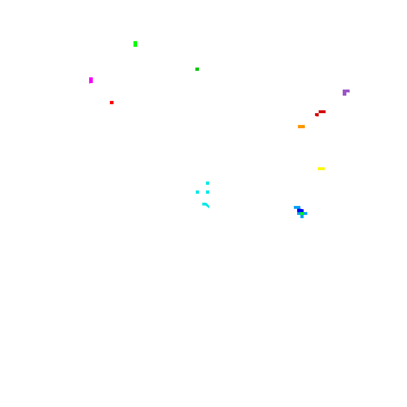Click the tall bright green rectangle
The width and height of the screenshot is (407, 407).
(x=135, y=44)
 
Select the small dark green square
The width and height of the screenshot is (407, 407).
(x=197, y=69)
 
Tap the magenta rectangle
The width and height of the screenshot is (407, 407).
(x=91, y=80)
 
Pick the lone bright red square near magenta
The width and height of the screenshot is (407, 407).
(x=112, y=103)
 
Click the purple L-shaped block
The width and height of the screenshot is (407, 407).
(x=345, y=92)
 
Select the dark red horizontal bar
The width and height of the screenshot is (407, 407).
(x=322, y=112)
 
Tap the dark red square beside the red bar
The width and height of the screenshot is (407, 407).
(x=317, y=115)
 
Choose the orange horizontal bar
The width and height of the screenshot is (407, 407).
(x=301, y=127)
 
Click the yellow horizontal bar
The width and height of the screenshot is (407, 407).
(x=321, y=168)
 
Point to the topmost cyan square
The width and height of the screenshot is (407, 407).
(x=208, y=183)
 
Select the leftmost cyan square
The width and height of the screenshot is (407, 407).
(x=197, y=192)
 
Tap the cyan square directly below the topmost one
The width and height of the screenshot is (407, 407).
(x=208, y=192)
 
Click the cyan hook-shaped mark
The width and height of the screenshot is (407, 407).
(x=205, y=204)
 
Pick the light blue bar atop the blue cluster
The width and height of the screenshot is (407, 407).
(x=297, y=207)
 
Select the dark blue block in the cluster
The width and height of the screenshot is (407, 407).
(x=300, y=210)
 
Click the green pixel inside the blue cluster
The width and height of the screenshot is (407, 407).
(x=302, y=213)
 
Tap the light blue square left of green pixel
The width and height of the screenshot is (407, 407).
(x=299, y=213)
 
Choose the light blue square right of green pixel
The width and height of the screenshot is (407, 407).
(x=305, y=213)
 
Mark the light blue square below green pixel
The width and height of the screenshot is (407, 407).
(x=302, y=217)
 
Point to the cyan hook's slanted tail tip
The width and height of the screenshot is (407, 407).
(x=209, y=208)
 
